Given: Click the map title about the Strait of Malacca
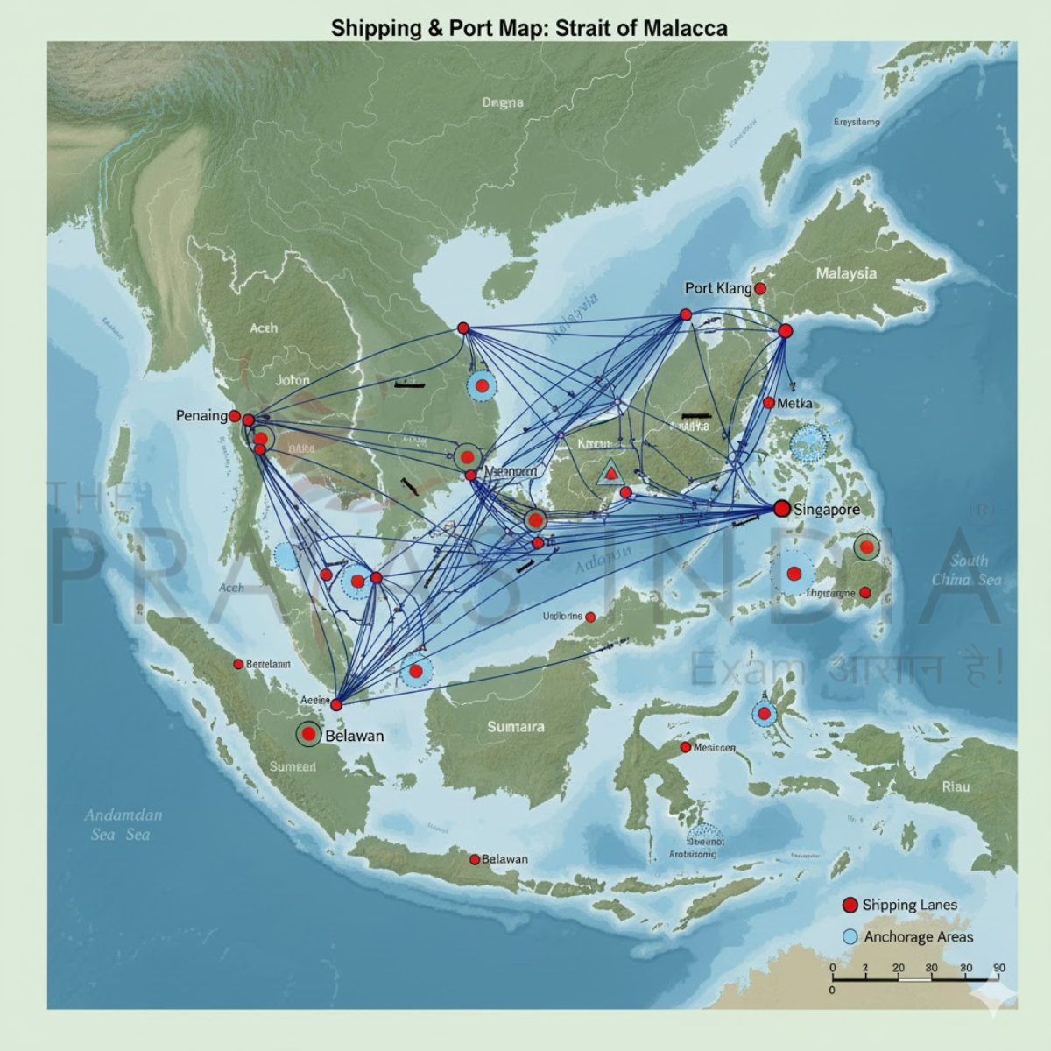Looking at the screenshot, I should (529, 28).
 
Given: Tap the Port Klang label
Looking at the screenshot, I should (718, 288).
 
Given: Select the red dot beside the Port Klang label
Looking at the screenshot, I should (760, 288).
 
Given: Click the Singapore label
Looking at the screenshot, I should (826, 509).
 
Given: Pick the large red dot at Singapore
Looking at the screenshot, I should (782, 509).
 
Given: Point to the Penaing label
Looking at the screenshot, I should (201, 415).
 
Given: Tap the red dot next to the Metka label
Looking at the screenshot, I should (769, 403).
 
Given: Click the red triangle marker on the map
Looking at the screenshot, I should (610, 474).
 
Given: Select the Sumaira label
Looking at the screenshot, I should (516, 727).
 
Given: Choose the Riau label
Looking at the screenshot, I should (956, 786).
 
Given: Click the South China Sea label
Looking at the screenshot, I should (966, 570).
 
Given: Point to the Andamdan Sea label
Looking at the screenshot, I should (123, 824).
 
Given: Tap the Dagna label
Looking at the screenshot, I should (503, 102).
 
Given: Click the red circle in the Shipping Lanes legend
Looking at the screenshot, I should (849, 906).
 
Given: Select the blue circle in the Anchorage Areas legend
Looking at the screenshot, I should (849, 936).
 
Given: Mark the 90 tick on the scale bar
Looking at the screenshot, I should (998, 968).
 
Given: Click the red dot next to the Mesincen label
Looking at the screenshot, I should (686, 748).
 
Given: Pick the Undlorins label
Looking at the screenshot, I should (562, 616).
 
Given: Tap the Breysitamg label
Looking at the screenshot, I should (857, 122).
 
